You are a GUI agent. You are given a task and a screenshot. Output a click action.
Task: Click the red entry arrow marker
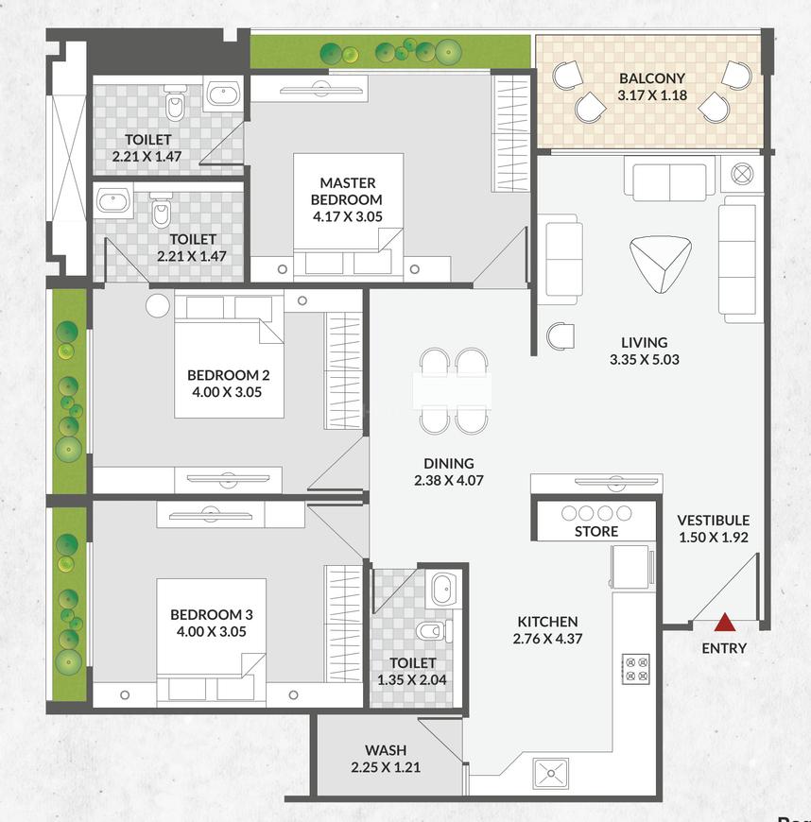click(x=725, y=622)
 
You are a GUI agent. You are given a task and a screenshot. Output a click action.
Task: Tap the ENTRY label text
click(x=724, y=648)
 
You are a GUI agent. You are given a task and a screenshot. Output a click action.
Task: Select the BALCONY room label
click(x=651, y=78)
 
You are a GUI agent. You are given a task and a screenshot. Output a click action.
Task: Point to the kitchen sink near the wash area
click(x=551, y=772)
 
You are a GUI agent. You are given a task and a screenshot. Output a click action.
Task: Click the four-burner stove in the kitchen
click(x=635, y=669)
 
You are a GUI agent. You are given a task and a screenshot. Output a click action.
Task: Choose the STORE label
click(x=596, y=531)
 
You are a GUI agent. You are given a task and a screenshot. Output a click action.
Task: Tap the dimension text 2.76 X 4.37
click(x=547, y=639)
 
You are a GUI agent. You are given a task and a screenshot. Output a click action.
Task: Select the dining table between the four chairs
click(x=452, y=390)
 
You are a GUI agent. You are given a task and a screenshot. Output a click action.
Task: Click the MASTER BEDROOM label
click(x=347, y=191)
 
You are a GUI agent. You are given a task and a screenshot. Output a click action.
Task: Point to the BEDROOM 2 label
click(x=228, y=374)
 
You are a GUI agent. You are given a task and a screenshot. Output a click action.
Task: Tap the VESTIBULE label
click(x=713, y=520)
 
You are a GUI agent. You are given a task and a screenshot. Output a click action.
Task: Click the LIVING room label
click(x=644, y=342)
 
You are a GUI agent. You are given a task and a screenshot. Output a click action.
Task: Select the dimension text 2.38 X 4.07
click(x=449, y=480)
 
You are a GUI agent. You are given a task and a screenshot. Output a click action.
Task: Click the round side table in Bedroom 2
click(x=158, y=304)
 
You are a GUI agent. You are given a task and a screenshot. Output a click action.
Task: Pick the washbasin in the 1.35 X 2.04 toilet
click(x=442, y=591)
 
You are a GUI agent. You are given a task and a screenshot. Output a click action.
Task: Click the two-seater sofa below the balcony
click(x=668, y=180)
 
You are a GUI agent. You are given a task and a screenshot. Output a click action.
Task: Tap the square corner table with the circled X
click(x=741, y=174)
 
